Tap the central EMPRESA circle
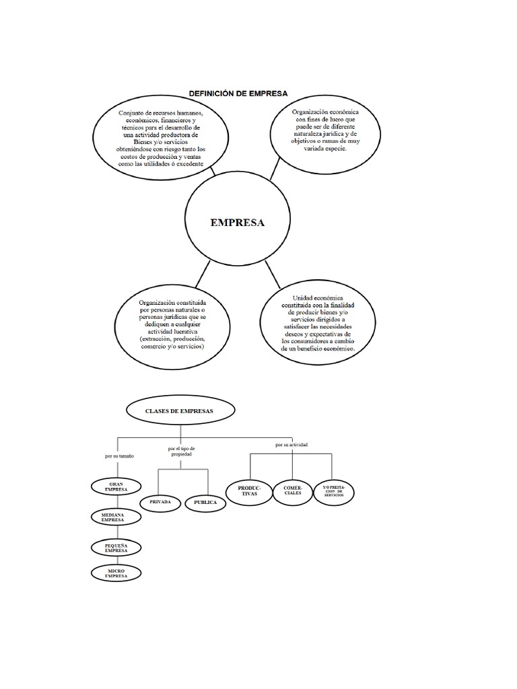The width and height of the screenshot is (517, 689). point(238,222)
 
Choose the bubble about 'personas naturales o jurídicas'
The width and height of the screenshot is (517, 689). point(174,324)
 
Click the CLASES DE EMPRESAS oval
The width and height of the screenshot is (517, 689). point(180,410)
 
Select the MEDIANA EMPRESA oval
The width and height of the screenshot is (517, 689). point(116,517)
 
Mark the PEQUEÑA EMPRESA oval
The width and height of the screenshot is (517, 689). point(116,546)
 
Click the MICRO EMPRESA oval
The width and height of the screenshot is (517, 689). point(116,573)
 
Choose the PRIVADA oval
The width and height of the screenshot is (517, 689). point(160,502)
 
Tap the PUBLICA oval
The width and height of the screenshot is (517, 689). point(205,502)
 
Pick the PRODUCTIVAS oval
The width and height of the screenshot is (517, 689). point(249,491)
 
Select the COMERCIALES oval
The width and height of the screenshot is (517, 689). point(293,491)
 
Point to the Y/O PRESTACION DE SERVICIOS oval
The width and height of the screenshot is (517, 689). point(333,491)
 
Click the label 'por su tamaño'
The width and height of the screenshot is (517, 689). point(119,456)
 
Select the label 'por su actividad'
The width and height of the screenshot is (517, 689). point(291,445)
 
